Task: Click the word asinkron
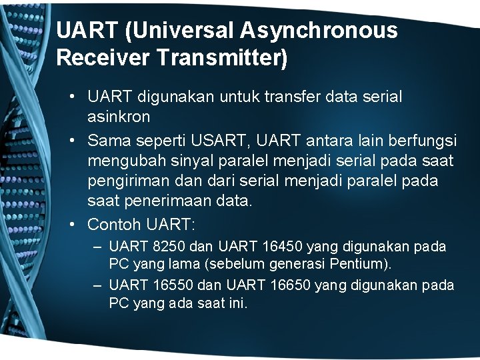tap(119, 116)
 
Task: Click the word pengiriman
tap(126, 181)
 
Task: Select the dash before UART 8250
tap(97, 247)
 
